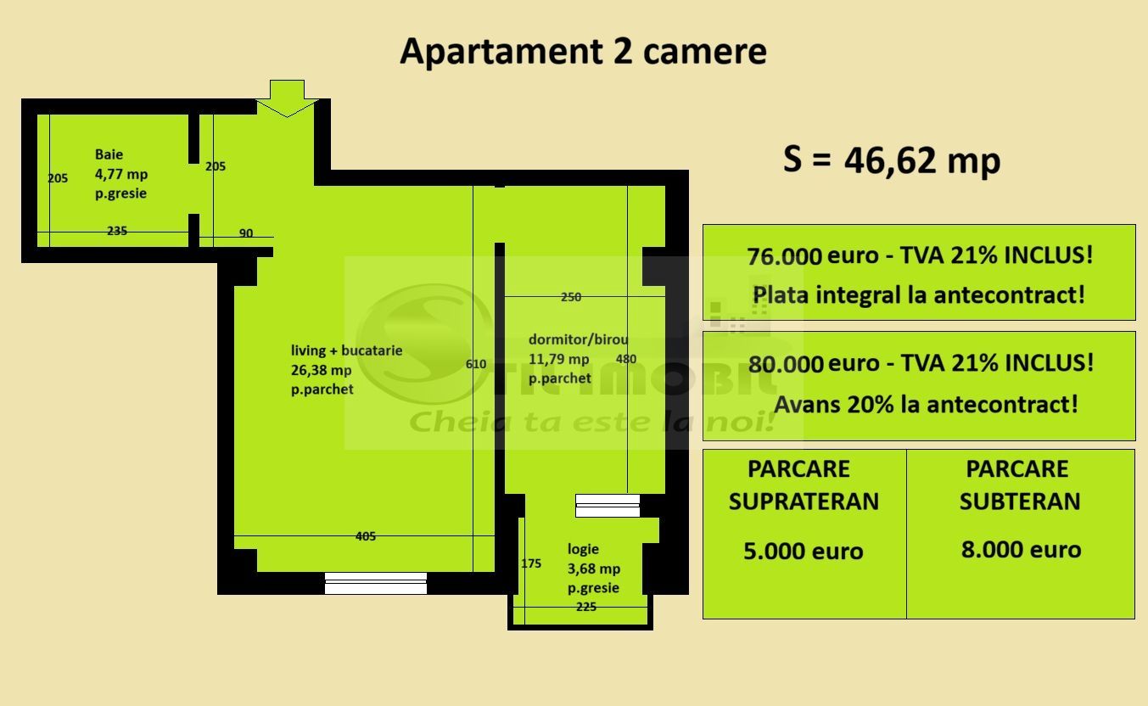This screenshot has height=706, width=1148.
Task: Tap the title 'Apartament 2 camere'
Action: coord(583,51)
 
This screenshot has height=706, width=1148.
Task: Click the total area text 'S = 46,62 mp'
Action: coord(891,160)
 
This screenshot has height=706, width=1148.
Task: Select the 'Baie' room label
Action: coord(109,154)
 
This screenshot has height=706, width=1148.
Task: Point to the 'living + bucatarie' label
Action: coord(346,350)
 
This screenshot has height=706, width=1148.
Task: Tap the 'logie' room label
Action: coord(583,549)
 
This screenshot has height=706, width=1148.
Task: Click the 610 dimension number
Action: coord(476,364)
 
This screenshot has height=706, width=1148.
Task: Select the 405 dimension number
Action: coord(366,536)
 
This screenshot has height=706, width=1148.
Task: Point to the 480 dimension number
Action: coord(625,359)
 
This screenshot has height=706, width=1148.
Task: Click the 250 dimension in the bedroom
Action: coord(571,297)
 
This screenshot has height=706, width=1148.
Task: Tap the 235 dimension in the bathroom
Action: coord(117,231)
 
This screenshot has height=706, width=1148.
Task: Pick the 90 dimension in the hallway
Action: coord(246,233)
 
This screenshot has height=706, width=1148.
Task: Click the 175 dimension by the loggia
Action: coord(531,563)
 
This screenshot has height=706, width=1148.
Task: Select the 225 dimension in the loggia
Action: coord(585,607)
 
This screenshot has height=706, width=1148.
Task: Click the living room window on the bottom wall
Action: coord(375,583)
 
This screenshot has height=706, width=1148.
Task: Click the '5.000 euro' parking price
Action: coord(803,552)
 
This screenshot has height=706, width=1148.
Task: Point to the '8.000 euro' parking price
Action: coord(1021,550)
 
